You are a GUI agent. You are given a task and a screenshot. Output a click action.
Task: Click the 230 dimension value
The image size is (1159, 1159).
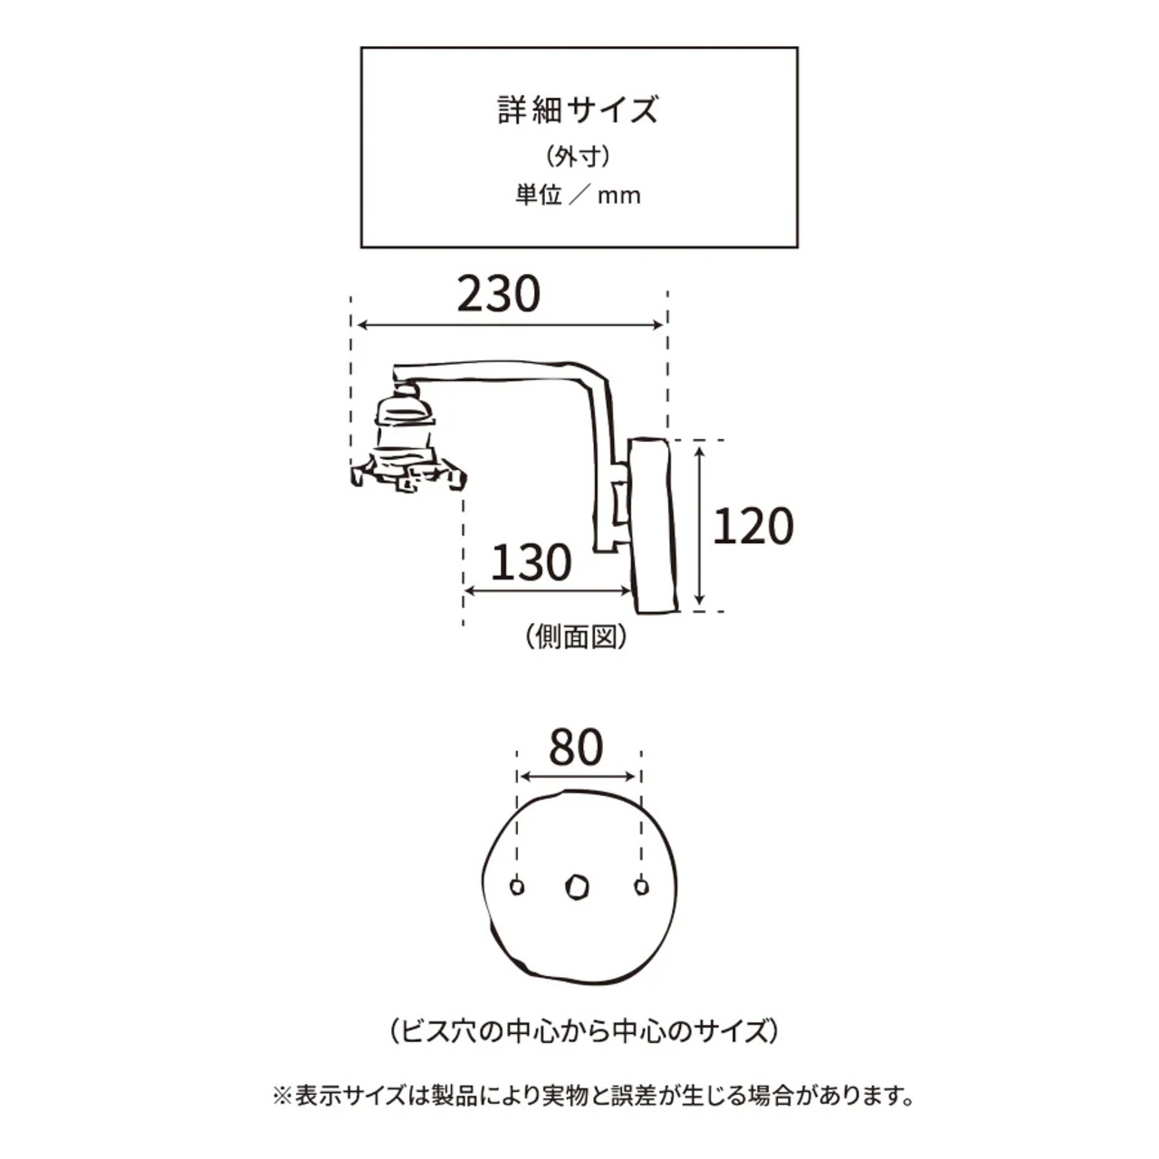tap(498, 293)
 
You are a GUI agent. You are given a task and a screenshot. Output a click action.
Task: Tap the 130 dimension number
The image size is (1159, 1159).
tap(532, 562)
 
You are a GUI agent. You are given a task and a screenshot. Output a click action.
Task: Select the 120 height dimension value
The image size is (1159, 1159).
tap(752, 526)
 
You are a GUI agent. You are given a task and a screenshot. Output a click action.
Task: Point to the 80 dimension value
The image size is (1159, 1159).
tap(577, 748)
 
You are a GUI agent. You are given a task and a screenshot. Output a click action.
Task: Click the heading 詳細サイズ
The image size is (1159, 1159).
tap(579, 110)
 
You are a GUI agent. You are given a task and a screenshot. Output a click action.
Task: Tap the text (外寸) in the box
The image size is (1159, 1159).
tap(579, 157)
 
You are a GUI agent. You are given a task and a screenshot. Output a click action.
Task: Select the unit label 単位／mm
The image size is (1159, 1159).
tap(579, 195)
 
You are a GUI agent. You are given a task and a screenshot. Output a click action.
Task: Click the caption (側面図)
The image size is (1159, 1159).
tap(576, 637)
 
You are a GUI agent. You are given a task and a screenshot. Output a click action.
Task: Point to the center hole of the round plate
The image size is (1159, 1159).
tap(576, 887)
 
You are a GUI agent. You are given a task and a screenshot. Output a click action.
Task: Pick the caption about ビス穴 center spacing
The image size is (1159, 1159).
tap(579, 1030)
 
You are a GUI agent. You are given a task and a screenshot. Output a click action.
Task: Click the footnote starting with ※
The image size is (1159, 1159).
tap(593, 1097)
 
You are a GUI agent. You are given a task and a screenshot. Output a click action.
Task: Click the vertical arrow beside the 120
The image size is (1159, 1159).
tap(700, 525)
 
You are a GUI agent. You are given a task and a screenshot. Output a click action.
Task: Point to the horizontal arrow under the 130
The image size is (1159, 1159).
tap(547, 592)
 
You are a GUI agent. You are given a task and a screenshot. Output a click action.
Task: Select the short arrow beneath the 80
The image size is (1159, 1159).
tap(579, 776)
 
